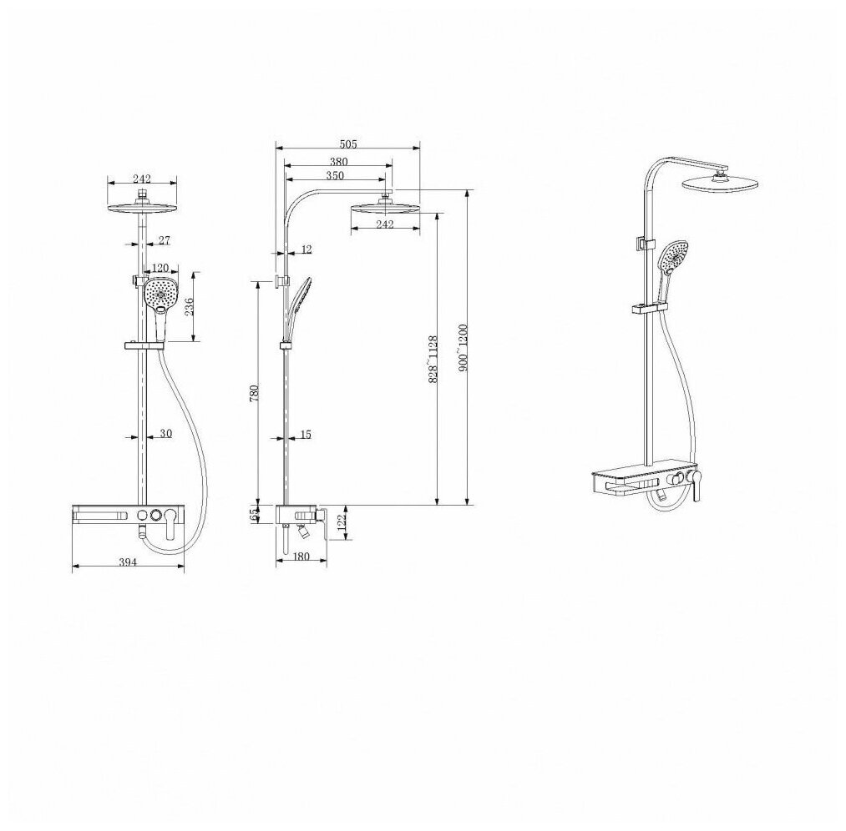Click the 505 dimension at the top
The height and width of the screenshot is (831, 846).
pyautogui.click(x=348, y=144)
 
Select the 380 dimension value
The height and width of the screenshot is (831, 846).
pyautogui.click(x=338, y=162)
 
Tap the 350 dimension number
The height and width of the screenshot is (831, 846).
pyautogui.click(x=335, y=176)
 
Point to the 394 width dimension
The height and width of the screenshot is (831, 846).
pyautogui.click(x=128, y=562)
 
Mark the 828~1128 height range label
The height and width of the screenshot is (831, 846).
pyautogui.click(x=432, y=359)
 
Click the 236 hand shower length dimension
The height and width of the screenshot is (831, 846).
pyautogui.click(x=190, y=307)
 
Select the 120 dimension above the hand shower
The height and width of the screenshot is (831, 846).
pyautogui.click(x=160, y=268)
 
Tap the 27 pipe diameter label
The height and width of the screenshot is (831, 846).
pyautogui.click(x=165, y=240)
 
